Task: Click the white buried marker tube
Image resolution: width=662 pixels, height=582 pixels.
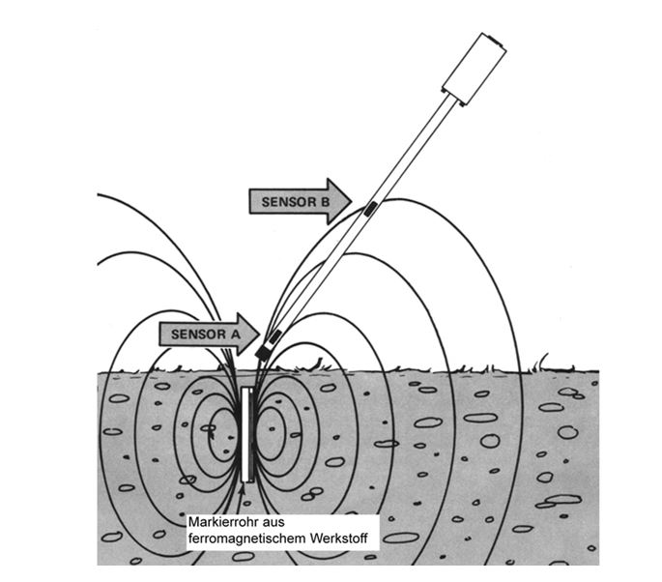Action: coord(248,434)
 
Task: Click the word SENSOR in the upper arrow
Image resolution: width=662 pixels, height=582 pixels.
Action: coord(286,201)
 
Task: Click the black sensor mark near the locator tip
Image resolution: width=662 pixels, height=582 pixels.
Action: coord(275,335)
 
